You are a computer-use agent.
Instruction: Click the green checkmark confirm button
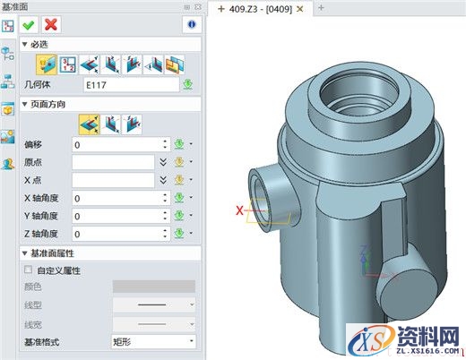[30, 24]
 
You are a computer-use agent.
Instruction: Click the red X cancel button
[51, 24]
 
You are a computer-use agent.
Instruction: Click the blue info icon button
[190, 24]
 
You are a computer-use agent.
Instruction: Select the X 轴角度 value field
[121, 198]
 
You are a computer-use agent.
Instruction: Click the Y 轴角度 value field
[121, 216]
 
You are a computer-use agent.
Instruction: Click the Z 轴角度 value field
[121, 234]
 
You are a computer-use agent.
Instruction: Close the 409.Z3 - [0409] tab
[300, 8]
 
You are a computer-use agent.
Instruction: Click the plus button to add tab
[322, 8]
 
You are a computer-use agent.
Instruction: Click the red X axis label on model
[238, 211]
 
